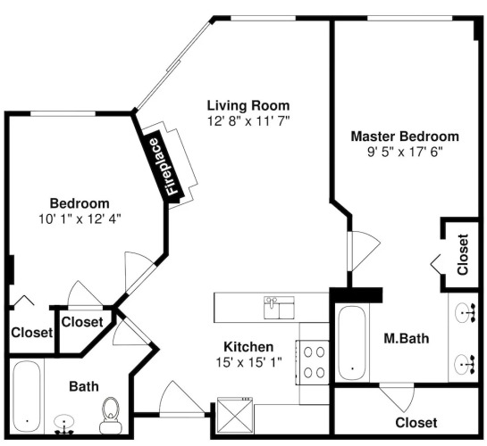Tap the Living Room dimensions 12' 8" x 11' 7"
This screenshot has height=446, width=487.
[x=248, y=121]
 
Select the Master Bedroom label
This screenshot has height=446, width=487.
[x=405, y=136]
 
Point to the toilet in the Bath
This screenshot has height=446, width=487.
[x=111, y=416]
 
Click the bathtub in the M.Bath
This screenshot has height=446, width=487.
[x=352, y=343]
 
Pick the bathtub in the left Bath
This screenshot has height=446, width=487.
[x=27, y=397]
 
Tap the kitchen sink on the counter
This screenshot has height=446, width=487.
[x=279, y=308]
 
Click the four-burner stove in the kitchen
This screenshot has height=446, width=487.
[x=312, y=362]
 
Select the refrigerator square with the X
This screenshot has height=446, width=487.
[x=235, y=416]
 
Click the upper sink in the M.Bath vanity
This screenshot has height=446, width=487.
[x=466, y=313]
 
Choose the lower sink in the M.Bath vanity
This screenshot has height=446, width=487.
[x=466, y=364]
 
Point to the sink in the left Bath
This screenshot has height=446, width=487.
[x=64, y=424]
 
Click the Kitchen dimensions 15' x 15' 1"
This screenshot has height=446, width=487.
[x=248, y=362]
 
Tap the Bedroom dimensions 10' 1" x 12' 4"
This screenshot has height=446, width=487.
[x=80, y=219]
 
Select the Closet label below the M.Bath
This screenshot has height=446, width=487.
[x=416, y=423]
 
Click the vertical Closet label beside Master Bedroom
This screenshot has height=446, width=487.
[x=463, y=254]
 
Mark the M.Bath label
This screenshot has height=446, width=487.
[x=407, y=338]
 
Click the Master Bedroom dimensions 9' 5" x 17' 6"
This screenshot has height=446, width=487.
[x=405, y=153]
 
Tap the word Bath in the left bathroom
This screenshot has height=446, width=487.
[x=84, y=386]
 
